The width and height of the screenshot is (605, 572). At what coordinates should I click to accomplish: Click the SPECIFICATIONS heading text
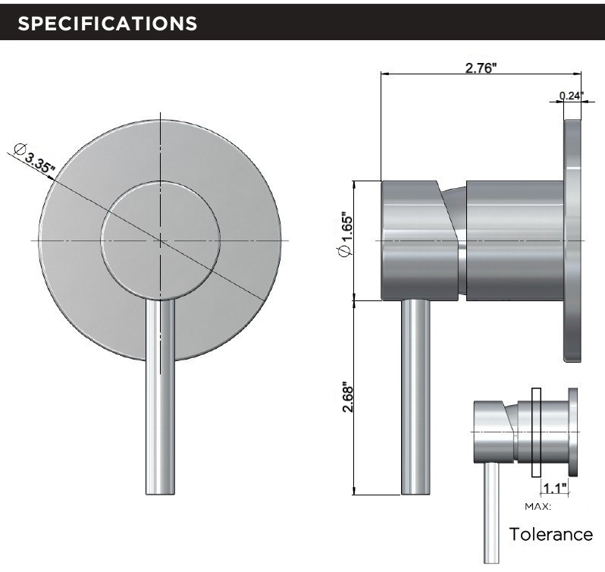point(107,24)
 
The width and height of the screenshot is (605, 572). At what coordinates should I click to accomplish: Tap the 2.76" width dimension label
point(481,68)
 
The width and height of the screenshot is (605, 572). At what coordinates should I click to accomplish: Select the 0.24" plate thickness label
point(572,96)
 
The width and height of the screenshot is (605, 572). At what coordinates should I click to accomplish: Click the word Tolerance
point(550,534)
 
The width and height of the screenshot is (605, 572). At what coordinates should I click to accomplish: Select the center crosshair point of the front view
point(160,240)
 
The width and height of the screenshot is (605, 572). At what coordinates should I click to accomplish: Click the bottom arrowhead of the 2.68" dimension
point(356,492)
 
